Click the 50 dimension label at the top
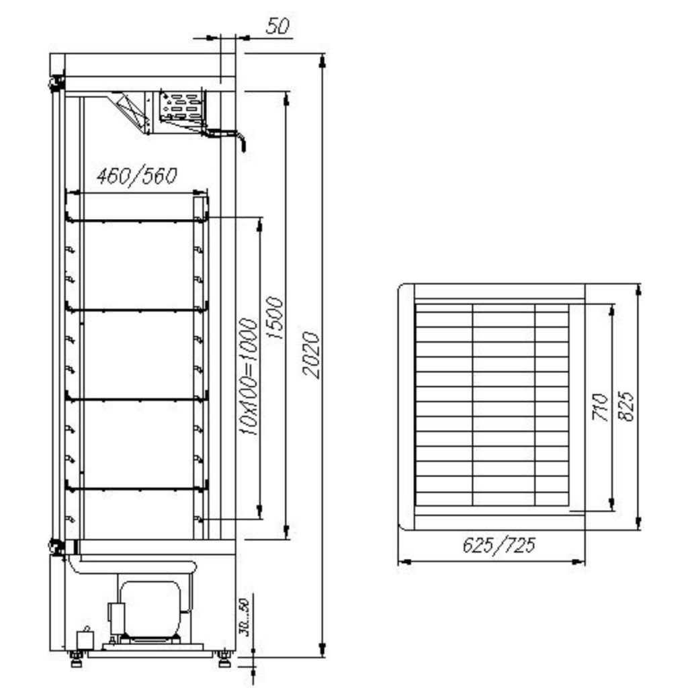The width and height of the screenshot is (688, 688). [x=277, y=26]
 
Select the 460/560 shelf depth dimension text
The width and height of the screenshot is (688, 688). [x=137, y=176]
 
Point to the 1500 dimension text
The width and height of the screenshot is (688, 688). [x=275, y=318]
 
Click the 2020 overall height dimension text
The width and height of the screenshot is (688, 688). [x=310, y=355]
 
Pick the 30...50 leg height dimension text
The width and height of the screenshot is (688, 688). [x=244, y=617]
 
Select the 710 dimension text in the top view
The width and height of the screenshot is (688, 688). [x=601, y=406]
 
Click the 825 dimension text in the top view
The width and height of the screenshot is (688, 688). [x=626, y=406]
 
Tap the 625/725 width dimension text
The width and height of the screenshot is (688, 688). [x=499, y=546]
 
